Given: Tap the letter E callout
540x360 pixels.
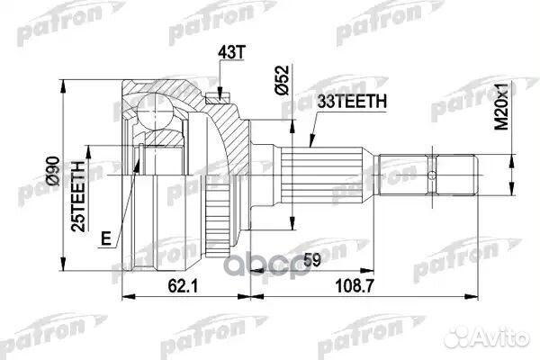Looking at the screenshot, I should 106,238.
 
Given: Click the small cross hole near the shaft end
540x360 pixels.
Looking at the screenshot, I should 433,173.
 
